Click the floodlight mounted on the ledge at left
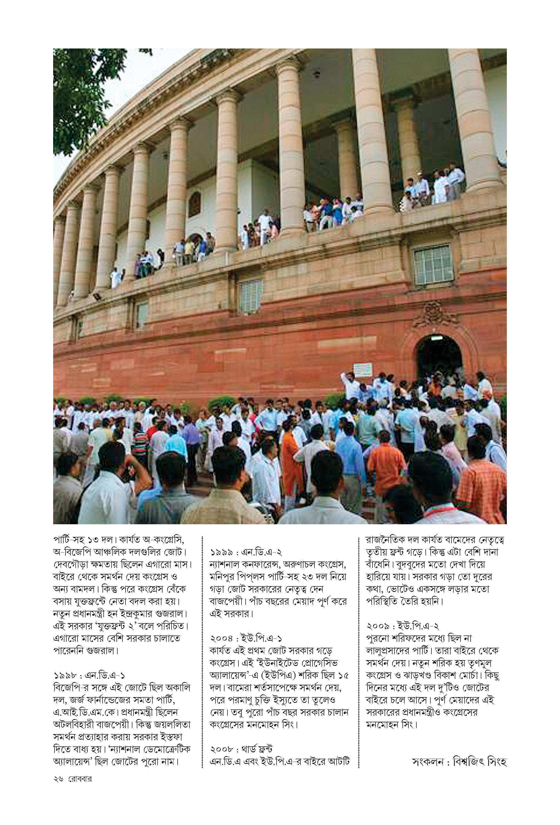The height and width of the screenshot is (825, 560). click(97, 295)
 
